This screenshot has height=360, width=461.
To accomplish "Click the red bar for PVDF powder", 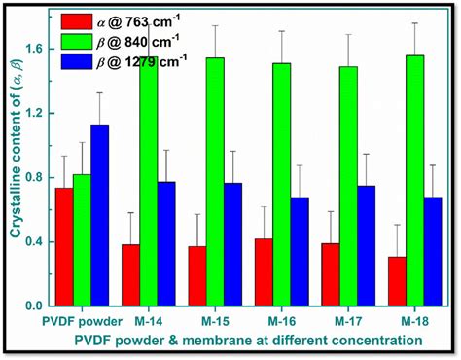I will (x=63, y=247).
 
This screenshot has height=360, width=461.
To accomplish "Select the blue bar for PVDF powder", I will (x=102, y=215).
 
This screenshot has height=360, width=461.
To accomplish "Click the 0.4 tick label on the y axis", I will (x=37, y=241).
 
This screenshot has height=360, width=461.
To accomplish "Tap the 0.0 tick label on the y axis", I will (x=37, y=306).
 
